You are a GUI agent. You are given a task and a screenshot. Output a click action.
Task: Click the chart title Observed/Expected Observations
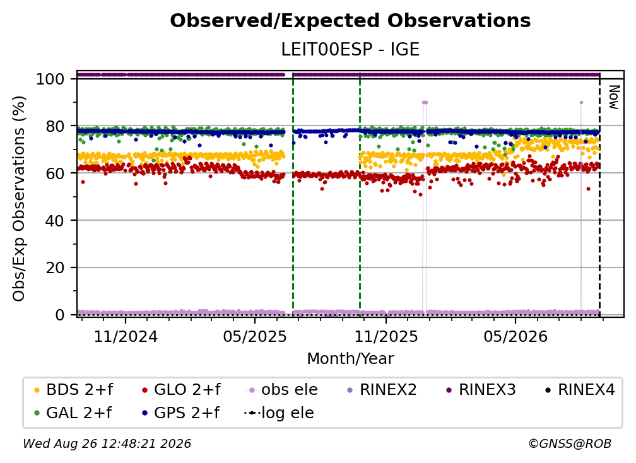pyautogui.click(x=350, y=21)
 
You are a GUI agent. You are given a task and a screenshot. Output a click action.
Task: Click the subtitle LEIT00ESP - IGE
pyautogui.click(x=350, y=49)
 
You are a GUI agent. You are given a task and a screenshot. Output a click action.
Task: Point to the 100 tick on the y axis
pyautogui.click(x=50, y=79)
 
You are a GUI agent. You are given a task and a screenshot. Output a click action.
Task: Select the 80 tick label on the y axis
pyautogui.click(x=55, y=126)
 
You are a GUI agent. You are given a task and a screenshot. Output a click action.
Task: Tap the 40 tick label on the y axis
pyautogui.click(x=55, y=221)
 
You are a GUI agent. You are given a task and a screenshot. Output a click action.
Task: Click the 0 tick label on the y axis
pyautogui.click(x=60, y=315)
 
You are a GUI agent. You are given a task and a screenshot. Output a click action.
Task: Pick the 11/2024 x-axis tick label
pyautogui.click(x=126, y=336)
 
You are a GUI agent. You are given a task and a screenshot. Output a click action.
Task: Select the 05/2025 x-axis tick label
pyautogui.click(x=255, y=336)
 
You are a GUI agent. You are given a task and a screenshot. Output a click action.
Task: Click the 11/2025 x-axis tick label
pyautogui.click(x=386, y=336)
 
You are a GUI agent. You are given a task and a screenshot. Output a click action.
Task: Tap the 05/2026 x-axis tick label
pyautogui.click(x=515, y=336)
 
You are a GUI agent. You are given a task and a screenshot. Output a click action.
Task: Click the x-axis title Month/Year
pyautogui.click(x=350, y=359)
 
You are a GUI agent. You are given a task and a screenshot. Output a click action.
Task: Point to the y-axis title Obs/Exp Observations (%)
pyautogui.click(x=19, y=199)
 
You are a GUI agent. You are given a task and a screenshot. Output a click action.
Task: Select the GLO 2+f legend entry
pyautogui.click(x=181, y=390)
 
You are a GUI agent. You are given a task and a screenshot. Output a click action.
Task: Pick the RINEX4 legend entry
pyautogui.click(x=580, y=390)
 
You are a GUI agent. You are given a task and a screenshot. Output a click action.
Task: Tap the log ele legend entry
pyautogui.click(x=280, y=413)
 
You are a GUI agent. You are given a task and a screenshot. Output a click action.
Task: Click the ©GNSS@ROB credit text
pyautogui.click(x=570, y=443)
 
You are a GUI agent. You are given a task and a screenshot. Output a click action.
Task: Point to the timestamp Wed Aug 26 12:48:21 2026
pyautogui.click(x=107, y=443)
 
